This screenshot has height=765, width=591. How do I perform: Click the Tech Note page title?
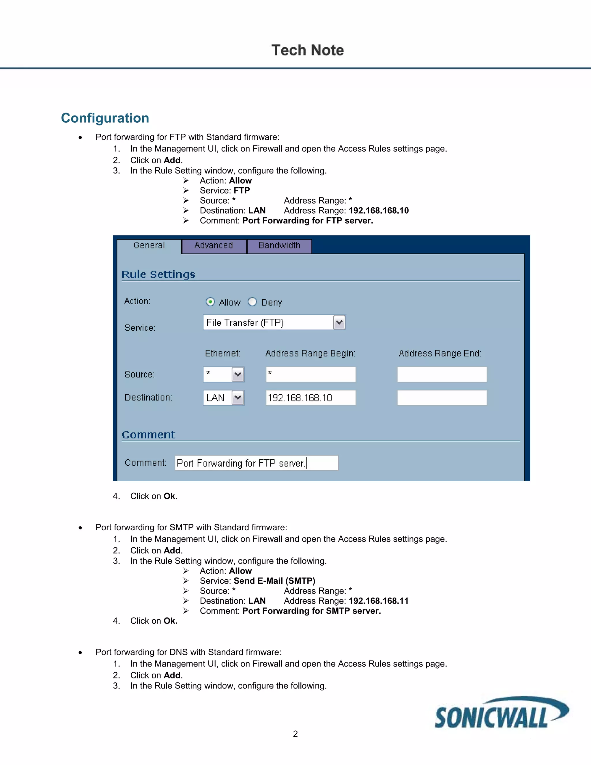point(308,50)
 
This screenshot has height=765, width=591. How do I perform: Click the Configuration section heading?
point(105,118)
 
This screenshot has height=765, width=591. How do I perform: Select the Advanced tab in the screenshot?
point(214,246)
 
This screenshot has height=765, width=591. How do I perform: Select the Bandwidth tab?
point(279,246)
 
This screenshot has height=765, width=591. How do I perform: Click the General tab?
point(149,246)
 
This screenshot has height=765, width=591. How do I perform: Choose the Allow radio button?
point(210,302)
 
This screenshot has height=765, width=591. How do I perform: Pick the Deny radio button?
point(252,302)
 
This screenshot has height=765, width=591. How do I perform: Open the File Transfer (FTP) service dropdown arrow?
point(339,322)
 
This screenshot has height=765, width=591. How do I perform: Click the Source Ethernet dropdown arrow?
point(238,374)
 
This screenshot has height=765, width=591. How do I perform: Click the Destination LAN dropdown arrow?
point(238,398)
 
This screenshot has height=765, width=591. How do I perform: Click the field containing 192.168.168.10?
point(311,398)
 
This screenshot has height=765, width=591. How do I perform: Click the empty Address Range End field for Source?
point(442,374)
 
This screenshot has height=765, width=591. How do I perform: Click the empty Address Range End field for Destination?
point(442,398)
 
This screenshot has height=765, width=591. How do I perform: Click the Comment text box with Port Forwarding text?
point(256,463)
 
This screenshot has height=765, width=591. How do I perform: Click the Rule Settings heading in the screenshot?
point(158,274)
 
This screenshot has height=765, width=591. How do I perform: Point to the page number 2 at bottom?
point(295,734)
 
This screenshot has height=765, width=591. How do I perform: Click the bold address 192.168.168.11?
point(379,601)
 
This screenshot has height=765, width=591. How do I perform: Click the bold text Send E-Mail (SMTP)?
point(274,581)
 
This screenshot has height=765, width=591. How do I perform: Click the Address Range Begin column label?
point(310,353)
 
